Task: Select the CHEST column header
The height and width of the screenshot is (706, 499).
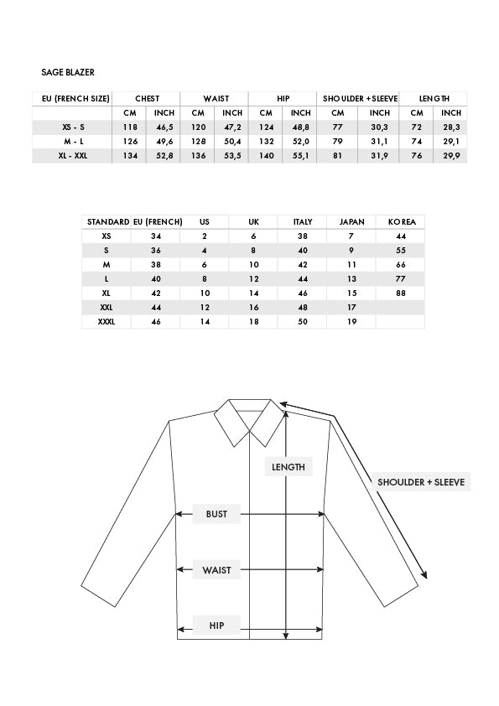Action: tap(147, 98)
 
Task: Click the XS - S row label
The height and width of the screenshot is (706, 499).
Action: tap(71, 127)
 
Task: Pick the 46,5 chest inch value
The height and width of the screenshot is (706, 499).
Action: tap(165, 127)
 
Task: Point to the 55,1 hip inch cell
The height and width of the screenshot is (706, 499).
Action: tap(301, 156)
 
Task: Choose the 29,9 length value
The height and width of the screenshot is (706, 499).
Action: tap(451, 156)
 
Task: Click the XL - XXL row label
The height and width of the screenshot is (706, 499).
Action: tap(71, 156)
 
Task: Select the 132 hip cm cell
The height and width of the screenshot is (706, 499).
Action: tap(266, 142)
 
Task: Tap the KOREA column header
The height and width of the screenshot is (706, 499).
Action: tap(400, 221)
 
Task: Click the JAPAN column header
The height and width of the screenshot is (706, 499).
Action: tap(351, 221)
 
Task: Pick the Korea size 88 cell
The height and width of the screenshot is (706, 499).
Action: tap(400, 293)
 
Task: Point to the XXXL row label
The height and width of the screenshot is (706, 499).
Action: tap(107, 321)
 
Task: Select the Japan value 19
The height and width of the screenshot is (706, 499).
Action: tap(351, 321)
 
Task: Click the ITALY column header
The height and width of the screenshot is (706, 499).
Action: tap(303, 221)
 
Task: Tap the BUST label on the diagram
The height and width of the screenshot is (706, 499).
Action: tap(217, 513)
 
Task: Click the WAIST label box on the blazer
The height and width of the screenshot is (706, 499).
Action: tap(217, 570)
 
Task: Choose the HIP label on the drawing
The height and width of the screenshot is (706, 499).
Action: tap(216, 625)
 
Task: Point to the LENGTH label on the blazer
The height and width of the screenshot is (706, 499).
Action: tap(288, 467)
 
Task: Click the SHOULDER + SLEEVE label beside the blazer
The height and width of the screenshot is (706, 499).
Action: tap(420, 482)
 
